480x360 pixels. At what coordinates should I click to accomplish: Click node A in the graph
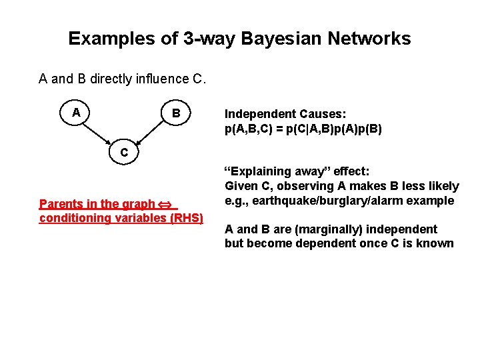click(77, 113)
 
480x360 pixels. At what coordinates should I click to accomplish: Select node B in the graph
click(175, 113)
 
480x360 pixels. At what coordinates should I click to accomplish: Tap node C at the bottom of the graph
click(124, 153)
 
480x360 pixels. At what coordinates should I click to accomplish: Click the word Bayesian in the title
click(259, 39)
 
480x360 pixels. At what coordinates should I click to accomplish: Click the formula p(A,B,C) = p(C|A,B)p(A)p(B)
click(303, 129)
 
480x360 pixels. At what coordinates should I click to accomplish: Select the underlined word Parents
click(61, 204)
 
